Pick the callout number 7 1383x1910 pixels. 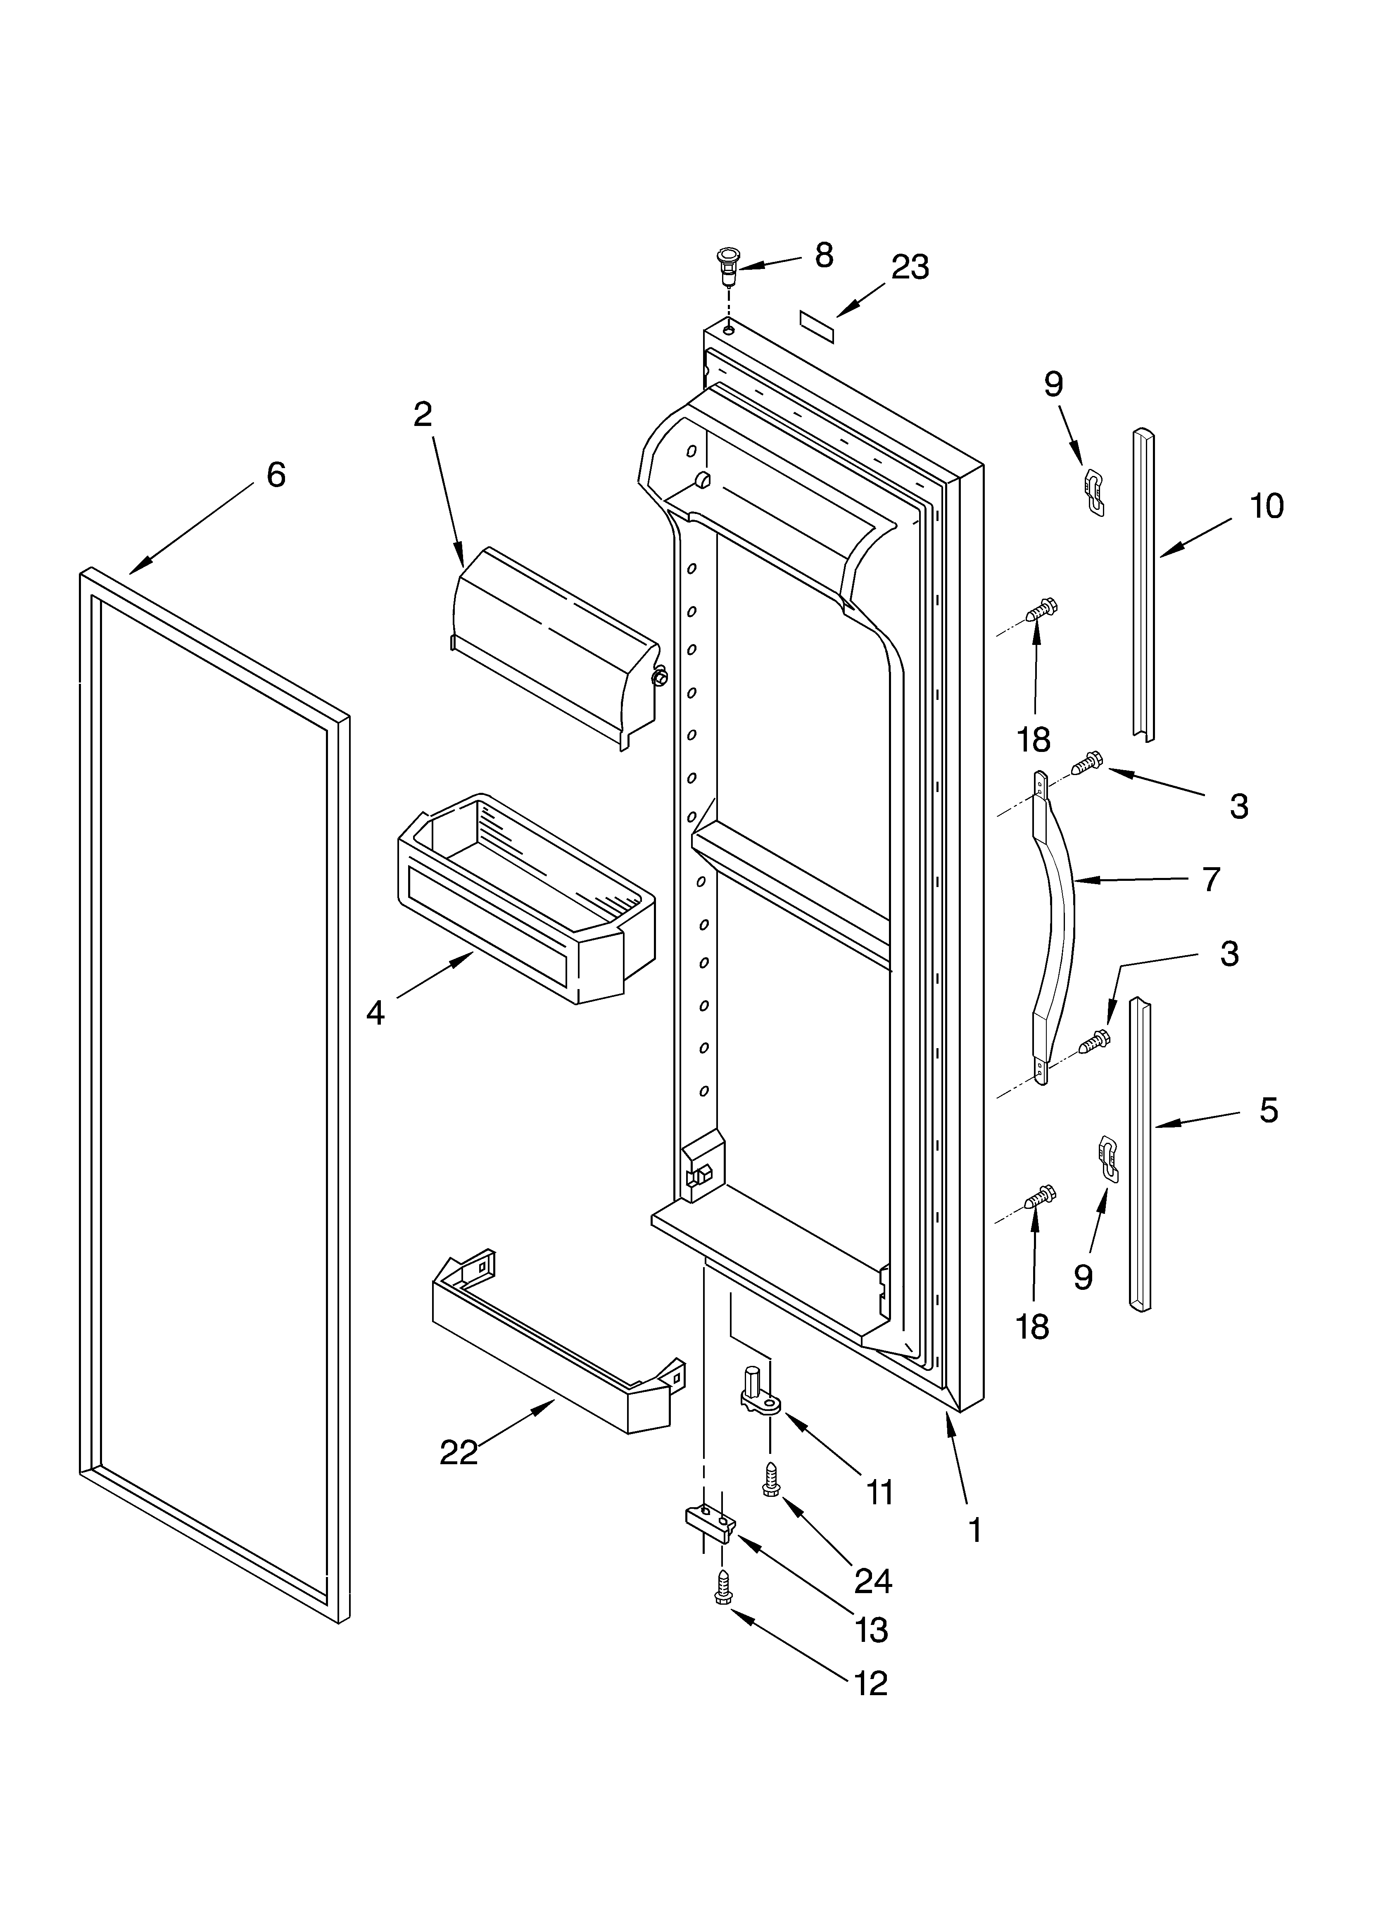click(x=1210, y=879)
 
